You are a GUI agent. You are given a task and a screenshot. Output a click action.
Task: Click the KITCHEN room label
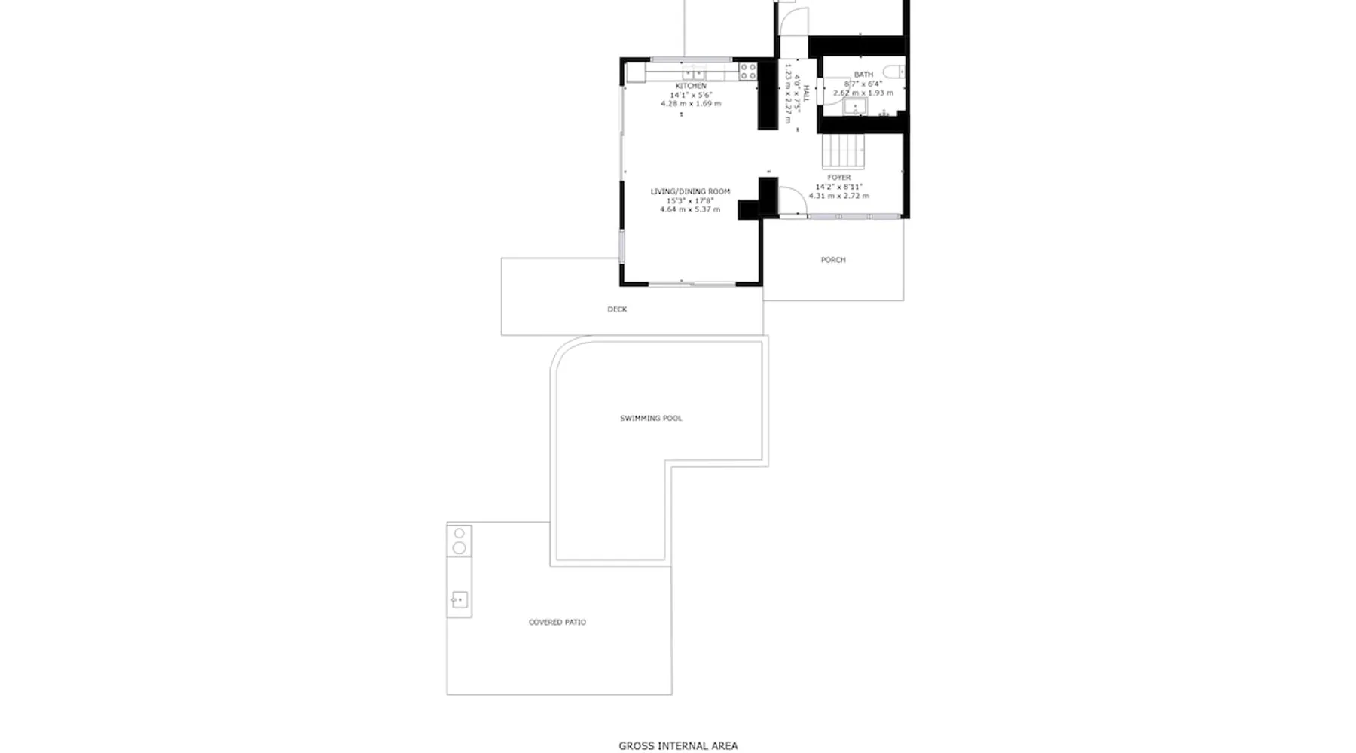pyautogui.click(x=691, y=86)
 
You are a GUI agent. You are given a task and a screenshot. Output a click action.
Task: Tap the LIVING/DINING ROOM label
pyautogui.click(x=690, y=191)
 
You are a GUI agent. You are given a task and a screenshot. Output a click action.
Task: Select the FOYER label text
pyautogui.click(x=838, y=178)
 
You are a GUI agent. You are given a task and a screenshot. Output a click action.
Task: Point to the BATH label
pyautogui.click(x=863, y=75)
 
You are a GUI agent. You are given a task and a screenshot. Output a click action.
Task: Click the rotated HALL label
pyautogui.click(x=805, y=94)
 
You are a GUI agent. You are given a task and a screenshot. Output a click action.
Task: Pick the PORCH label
pyautogui.click(x=833, y=260)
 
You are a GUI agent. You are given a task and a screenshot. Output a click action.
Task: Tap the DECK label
pyautogui.click(x=617, y=309)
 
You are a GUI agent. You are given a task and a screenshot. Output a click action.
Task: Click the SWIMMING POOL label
pyautogui.click(x=651, y=418)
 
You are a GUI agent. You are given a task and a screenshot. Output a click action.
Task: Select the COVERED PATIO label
pyautogui.click(x=557, y=622)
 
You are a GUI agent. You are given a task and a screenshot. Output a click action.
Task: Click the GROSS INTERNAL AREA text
pyautogui.click(x=678, y=745)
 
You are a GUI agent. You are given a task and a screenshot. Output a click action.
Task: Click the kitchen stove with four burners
pyautogui.click(x=747, y=72)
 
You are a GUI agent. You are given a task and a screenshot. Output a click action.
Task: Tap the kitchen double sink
pyautogui.click(x=694, y=74)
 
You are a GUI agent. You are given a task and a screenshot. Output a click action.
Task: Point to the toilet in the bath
pyautogui.click(x=894, y=72)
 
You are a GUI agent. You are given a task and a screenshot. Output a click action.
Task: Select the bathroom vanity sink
pyautogui.click(x=855, y=107)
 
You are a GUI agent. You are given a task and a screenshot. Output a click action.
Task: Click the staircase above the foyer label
pyautogui.click(x=843, y=151)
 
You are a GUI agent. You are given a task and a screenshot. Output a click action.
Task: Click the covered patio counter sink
pyautogui.click(x=459, y=600)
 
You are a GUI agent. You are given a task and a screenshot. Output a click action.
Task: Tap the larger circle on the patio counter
pyautogui.click(x=459, y=547)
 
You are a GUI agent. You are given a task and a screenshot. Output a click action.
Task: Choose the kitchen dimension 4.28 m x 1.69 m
pyautogui.click(x=691, y=104)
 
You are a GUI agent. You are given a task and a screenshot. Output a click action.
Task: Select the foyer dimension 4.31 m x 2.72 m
pyautogui.click(x=838, y=196)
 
